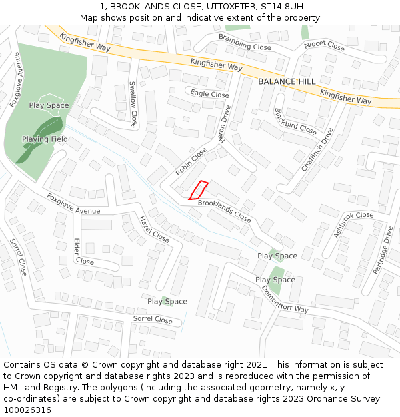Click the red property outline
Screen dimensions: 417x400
click(199, 190)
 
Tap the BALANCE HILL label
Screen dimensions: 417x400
click(287, 81)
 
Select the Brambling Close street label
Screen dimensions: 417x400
click(245, 42)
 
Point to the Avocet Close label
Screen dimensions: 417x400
click(324, 46)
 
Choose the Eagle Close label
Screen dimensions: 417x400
click(209, 94)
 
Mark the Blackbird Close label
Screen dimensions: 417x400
click(295, 121)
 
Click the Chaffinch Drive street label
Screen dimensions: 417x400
click(317, 149)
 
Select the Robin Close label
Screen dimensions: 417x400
click(191, 161)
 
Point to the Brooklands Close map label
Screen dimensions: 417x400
click(224, 211)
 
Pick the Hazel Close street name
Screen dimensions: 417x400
click(154, 228)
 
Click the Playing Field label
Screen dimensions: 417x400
click(45, 139)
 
